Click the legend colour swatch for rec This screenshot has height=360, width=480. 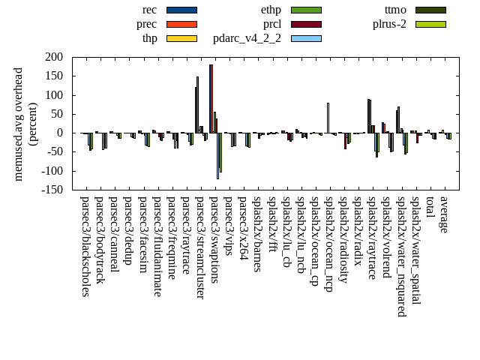(181, 10)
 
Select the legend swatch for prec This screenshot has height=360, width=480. (181, 24)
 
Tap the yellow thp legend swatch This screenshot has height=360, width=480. (181, 38)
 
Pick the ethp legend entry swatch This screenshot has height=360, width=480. (305, 10)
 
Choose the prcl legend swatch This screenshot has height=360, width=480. (305, 24)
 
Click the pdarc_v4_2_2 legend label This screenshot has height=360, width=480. (247, 38)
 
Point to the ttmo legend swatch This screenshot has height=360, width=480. (430, 10)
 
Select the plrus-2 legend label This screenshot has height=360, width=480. (389, 24)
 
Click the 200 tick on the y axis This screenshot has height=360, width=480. (53, 57)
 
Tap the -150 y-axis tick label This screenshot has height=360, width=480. (52, 190)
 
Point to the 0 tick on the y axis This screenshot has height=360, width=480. (59, 133)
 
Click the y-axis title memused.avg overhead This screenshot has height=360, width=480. (19, 124)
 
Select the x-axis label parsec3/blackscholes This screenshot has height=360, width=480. (85, 247)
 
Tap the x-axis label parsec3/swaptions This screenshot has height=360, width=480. (214, 240)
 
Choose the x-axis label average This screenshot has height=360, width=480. (444, 214)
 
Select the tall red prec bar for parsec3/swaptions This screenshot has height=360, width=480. (211, 98)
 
